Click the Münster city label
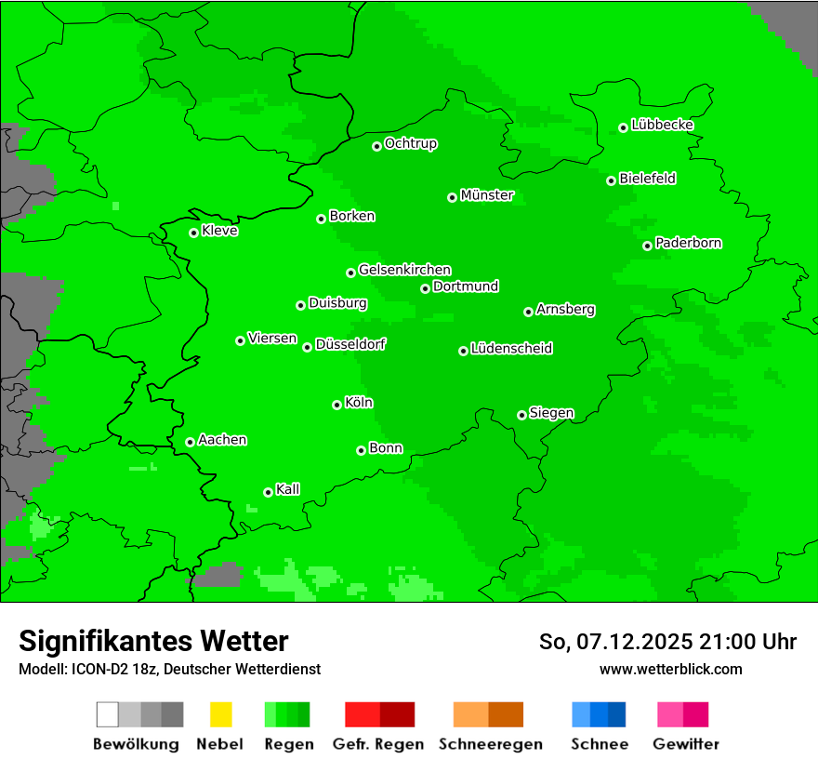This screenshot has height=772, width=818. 487,195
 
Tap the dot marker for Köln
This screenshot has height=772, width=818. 336,405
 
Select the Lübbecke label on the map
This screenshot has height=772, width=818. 663,125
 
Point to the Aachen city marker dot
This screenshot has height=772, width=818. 190,442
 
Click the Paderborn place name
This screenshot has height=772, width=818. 689,243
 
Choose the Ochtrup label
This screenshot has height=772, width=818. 411,144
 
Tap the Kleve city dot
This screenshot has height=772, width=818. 193,233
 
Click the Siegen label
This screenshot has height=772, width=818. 551,413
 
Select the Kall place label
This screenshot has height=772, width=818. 288,489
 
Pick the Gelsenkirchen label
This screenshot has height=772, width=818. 405,270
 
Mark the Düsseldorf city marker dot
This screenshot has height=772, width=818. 307,347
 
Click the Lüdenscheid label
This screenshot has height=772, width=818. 512,349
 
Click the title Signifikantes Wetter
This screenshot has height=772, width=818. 153,641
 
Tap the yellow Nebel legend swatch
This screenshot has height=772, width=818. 220,714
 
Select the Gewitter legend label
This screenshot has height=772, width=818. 686,744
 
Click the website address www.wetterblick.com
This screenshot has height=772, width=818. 670,669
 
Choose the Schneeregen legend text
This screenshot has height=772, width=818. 491,744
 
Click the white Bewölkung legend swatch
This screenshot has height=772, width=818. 107,714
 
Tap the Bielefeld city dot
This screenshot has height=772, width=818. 611,180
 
